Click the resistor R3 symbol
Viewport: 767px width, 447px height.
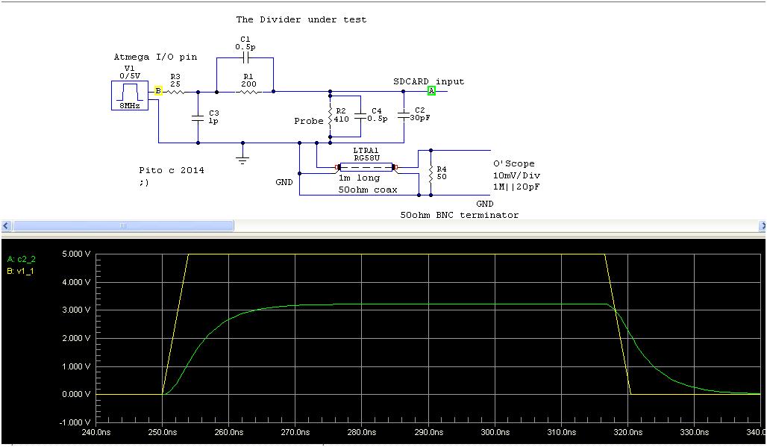tap(175, 92)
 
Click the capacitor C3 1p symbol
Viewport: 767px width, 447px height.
tap(198, 117)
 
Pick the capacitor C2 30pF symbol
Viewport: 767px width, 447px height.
tap(404, 116)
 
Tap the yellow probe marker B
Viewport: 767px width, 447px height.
tap(158, 91)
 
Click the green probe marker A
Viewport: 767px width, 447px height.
tap(431, 91)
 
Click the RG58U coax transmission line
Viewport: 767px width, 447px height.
tap(361, 168)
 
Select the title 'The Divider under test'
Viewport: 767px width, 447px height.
tap(301, 19)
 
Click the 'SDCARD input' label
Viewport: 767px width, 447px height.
tap(428, 81)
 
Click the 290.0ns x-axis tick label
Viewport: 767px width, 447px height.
tap(428, 431)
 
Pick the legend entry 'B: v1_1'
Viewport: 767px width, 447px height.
tap(20, 271)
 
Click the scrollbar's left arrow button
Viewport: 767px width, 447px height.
tap(5, 225)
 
